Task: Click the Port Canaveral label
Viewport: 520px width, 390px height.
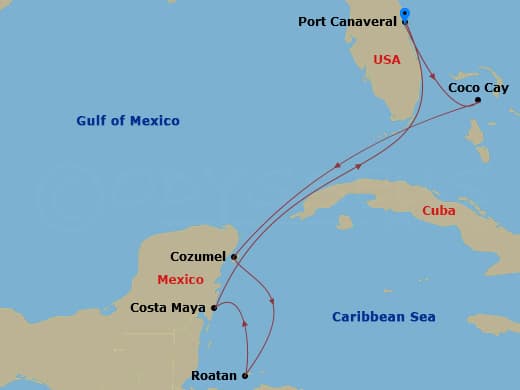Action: pyautogui.click(x=347, y=21)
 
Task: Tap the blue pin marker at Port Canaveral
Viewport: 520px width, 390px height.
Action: pyautogui.click(x=405, y=14)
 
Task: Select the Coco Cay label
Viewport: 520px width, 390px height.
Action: pyautogui.click(x=478, y=88)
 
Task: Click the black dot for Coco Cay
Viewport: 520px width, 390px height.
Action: pyautogui.click(x=478, y=100)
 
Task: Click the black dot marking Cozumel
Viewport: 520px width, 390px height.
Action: pyautogui.click(x=234, y=256)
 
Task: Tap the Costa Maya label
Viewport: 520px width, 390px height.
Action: pyautogui.click(x=168, y=308)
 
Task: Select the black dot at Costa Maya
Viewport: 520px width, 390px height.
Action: pyautogui.click(x=214, y=308)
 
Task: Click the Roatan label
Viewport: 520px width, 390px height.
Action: pyautogui.click(x=214, y=376)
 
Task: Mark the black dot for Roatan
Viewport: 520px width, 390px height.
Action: pyautogui.click(x=245, y=376)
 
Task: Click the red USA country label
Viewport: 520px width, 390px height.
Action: pyautogui.click(x=386, y=60)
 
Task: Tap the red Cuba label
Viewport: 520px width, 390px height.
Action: pyautogui.click(x=439, y=211)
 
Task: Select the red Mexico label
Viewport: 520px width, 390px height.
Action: pyautogui.click(x=180, y=280)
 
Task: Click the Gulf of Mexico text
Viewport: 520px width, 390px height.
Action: pyautogui.click(x=128, y=121)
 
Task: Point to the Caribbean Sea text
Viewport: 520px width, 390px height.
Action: pyautogui.click(x=384, y=318)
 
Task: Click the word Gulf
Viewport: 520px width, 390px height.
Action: pyautogui.click(x=92, y=121)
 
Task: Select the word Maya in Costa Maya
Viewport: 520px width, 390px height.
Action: pyautogui.click(x=189, y=308)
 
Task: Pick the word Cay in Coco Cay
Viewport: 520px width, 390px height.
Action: pyautogui.click(x=496, y=88)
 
